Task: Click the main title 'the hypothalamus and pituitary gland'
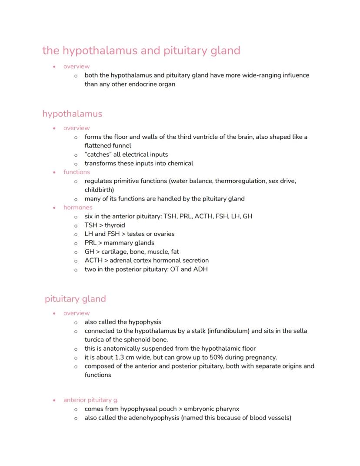point(141,50)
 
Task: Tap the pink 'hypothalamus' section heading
point(72,114)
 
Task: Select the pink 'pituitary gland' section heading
point(75,299)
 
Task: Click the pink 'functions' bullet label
point(77,172)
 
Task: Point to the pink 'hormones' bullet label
point(78,207)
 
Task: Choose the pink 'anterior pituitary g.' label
point(91,400)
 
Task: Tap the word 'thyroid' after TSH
point(115,225)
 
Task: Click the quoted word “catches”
point(98,154)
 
